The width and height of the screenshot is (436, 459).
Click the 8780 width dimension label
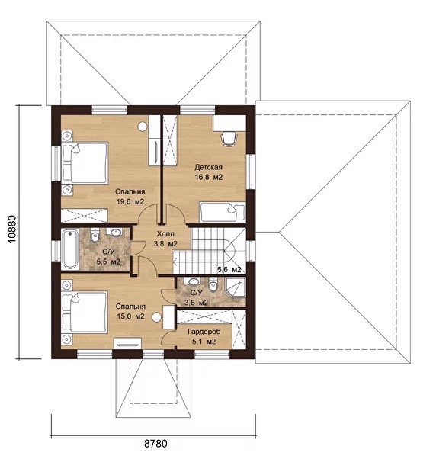[155, 444]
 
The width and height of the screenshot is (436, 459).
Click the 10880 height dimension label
[12, 230]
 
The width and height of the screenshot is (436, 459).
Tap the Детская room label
[208, 167]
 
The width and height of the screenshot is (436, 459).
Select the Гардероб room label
[204, 332]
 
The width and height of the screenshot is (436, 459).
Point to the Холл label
[165, 233]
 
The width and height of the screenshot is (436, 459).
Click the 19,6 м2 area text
[130, 202]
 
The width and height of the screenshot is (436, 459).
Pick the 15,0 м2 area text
[130, 316]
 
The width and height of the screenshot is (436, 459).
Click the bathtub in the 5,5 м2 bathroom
[70, 249]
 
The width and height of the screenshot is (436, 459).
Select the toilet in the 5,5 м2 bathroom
[95, 235]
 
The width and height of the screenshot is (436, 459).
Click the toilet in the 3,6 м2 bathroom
[213, 284]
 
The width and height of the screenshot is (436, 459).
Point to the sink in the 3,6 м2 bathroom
[194, 281]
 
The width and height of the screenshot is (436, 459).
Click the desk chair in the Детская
[229, 139]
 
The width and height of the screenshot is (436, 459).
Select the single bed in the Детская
[222, 212]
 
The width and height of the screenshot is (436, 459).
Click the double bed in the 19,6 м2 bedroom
[85, 162]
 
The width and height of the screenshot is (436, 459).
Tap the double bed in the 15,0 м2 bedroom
[85, 312]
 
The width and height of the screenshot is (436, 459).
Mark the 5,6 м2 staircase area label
[229, 270]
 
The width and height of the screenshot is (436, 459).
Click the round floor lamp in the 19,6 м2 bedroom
[143, 127]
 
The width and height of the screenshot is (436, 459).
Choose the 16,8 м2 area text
[209, 177]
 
